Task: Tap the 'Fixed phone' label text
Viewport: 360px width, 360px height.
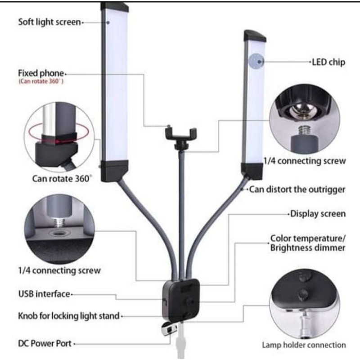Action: [x=41, y=73]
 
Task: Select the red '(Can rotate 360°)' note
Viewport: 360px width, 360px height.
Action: [x=41, y=82]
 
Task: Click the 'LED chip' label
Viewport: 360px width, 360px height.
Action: [x=328, y=62]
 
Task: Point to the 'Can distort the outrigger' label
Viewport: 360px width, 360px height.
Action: [x=297, y=189]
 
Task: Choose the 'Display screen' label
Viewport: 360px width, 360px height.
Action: [x=318, y=214]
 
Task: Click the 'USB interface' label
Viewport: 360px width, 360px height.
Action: [x=44, y=294]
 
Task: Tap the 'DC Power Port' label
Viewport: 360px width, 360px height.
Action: [x=44, y=344]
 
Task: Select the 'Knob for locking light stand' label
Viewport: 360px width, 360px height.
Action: [x=69, y=316]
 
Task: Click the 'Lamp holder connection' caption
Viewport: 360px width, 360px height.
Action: [x=304, y=346]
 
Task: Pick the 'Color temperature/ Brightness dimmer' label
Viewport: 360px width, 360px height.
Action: [x=307, y=243]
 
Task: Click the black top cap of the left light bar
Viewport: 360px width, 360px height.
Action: [x=114, y=6]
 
